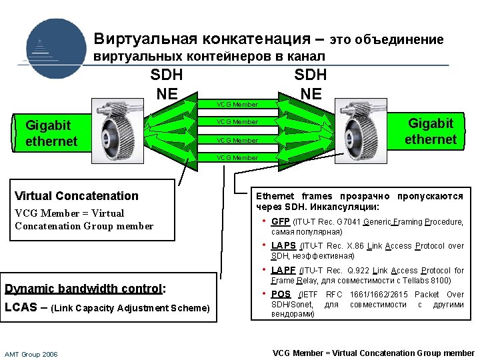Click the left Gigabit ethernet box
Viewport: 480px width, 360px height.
[x=51, y=133]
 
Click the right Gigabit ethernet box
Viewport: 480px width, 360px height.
[x=430, y=131]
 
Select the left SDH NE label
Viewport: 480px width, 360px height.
[x=167, y=84]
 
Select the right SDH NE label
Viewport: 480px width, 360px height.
[x=311, y=84]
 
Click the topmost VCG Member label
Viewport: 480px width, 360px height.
[x=236, y=105]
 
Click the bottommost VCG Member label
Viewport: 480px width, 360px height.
[x=236, y=158]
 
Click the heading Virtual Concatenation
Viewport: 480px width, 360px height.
[x=77, y=196]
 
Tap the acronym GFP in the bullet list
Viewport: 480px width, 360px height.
[x=281, y=222]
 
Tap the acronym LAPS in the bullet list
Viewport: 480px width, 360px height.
[x=283, y=246]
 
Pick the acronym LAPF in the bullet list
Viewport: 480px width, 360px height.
[x=283, y=271]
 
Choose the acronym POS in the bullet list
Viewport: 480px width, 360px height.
[x=281, y=295]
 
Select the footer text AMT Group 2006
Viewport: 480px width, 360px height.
[x=31, y=354]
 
